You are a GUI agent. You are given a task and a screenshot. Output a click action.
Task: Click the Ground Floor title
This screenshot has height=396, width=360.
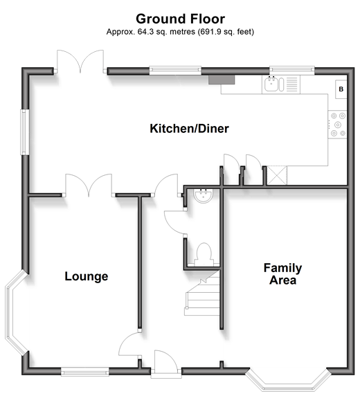pos(180,19)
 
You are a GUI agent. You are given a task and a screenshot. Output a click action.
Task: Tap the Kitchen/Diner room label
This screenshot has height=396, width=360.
pos(189,129)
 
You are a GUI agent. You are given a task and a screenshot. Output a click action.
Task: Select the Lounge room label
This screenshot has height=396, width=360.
pos(87,276)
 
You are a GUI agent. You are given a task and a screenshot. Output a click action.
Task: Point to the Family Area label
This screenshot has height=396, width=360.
pos(282,274)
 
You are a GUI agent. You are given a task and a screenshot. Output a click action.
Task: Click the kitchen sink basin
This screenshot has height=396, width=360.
pos(271,84)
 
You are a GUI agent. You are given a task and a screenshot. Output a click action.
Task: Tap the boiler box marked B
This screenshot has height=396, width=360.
pos(341,89)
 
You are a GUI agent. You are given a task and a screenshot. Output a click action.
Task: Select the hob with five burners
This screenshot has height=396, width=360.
pos(338,124)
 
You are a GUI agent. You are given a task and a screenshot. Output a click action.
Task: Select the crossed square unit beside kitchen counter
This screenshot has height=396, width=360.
pos(277,175)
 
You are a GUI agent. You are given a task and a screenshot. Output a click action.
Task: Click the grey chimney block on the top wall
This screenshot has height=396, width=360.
pos(222,80)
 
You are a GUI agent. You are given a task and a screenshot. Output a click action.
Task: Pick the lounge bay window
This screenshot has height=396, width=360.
pos(15,312)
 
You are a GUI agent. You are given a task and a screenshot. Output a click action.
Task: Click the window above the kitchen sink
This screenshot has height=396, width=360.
pos(291,70)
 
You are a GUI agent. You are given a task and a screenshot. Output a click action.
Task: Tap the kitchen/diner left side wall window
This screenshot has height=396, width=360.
pos(24,132)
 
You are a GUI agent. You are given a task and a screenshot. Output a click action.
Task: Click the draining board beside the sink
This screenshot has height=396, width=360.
pos(291,84)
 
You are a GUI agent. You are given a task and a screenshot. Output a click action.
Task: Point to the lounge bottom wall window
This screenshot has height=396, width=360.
pos(85,372)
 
